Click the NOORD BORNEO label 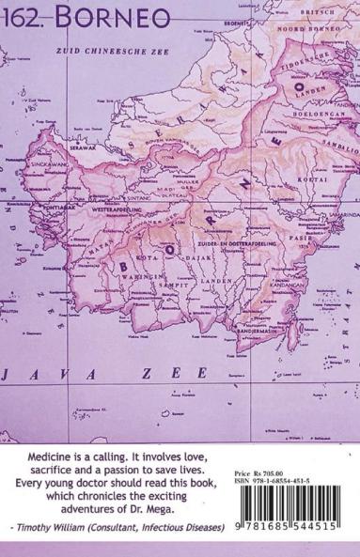tap(315, 30)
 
